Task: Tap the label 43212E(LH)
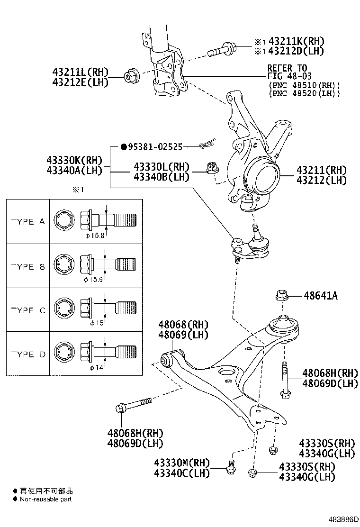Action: click(81, 82)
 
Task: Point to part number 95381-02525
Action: click(154, 147)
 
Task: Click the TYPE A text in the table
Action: click(28, 221)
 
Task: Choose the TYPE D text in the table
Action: click(28, 354)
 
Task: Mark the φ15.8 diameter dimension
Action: click(95, 235)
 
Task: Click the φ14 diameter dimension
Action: click(95, 368)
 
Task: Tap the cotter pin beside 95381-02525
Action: click(207, 143)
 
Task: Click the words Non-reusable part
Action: click(45, 499)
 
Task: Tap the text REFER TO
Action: click(287, 68)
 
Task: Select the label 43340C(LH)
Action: click(181, 472)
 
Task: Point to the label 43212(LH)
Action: click(322, 180)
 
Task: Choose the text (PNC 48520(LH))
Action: click(304, 94)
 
